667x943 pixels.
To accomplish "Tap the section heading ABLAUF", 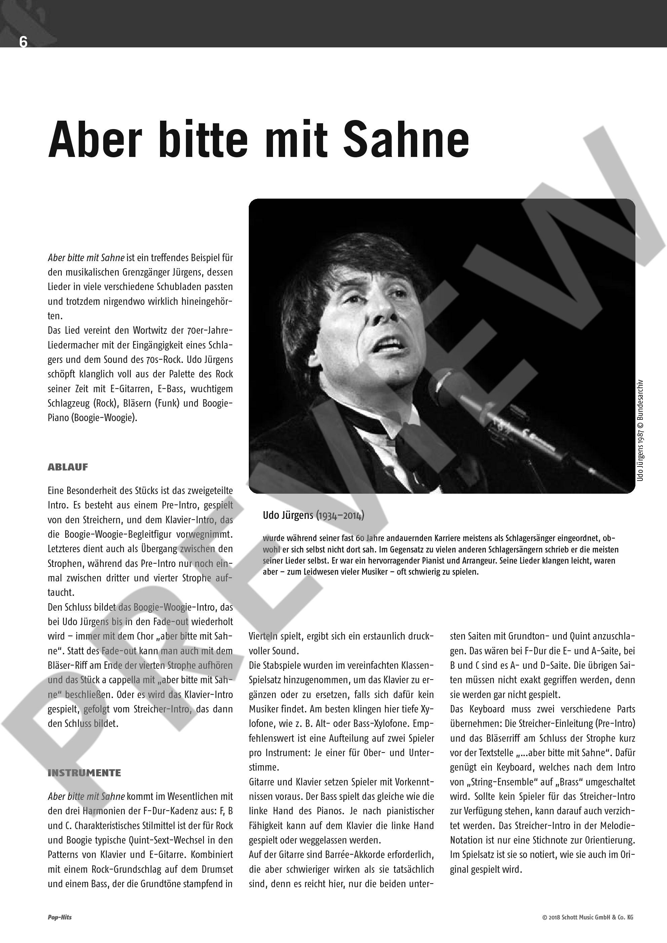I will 68,467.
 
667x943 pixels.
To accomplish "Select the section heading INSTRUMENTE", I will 84,773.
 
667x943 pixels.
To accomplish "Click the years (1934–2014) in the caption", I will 340,515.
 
